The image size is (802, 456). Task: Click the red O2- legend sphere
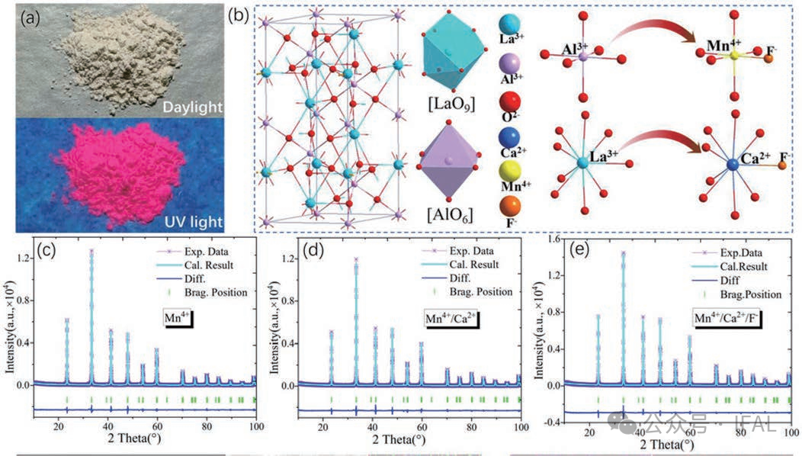coord(510,102)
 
